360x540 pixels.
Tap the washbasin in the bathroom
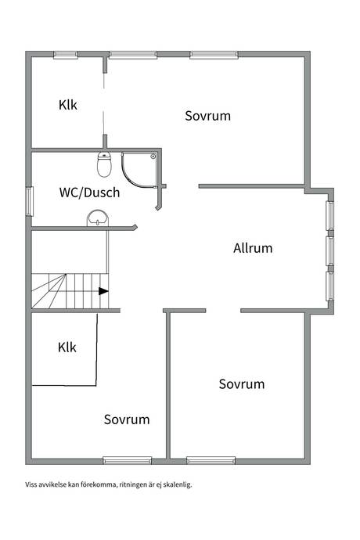(98, 218)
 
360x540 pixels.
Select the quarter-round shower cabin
(139, 171)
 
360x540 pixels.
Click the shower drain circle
(153, 157)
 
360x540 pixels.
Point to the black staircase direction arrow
(103, 291)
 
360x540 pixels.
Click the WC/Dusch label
(89, 193)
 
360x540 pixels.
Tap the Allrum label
(253, 248)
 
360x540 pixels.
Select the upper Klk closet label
(68, 105)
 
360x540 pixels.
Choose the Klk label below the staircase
(67, 347)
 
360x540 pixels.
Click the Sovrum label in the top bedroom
(207, 116)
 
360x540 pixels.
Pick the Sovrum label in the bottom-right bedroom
(242, 384)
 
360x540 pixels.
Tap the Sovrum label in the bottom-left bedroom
(127, 419)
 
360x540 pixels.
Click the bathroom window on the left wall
(29, 201)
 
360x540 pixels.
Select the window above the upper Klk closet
(66, 55)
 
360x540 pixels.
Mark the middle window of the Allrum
(330, 250)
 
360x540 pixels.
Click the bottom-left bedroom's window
(128, 460)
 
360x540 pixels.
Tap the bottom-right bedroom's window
(211, 460)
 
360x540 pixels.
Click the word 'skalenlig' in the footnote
(177, 484)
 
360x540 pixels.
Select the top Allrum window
(330, 215)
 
